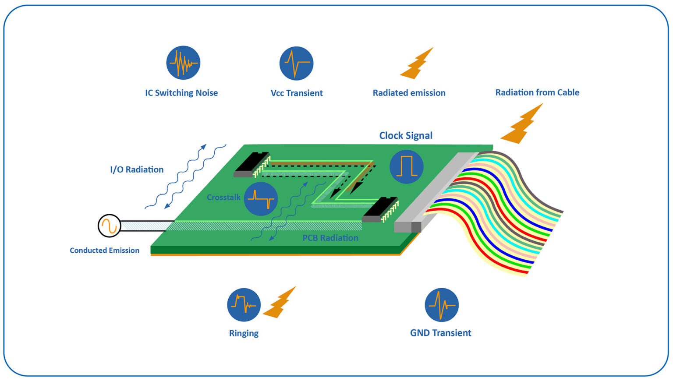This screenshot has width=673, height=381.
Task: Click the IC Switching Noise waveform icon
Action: [183, 63]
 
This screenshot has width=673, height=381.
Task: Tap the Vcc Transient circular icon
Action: [296, 63]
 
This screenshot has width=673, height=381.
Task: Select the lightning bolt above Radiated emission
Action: [417, 64]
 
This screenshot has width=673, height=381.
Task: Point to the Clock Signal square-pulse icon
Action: [406, 166]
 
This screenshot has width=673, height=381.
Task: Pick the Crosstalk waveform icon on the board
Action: [261, 199]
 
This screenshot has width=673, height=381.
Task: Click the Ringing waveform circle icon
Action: [244, 305]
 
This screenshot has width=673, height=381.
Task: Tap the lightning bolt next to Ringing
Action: [279, 303]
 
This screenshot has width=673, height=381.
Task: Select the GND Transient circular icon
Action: [441, 305]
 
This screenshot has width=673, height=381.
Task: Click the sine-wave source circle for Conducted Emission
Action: [109, 226]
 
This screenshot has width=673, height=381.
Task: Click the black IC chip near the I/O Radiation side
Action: [251, 164]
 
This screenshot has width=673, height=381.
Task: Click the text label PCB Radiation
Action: [330, 238]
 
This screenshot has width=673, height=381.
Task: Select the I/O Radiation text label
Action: [137, 169]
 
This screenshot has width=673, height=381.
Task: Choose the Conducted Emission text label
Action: [104, 250]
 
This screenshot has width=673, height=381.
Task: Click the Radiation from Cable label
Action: [537, 92]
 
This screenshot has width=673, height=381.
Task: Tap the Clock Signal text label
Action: [406, 136]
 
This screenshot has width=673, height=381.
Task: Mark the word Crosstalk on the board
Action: [223, 198]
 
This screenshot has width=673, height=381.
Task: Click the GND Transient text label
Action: [440, 333]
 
